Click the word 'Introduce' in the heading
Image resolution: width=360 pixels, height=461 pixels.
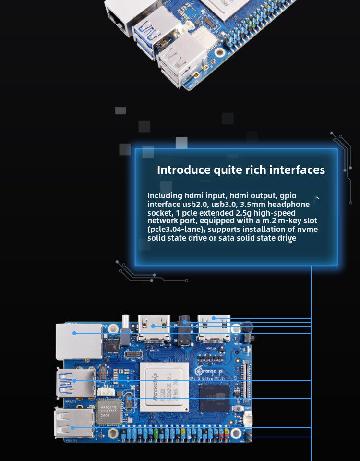tap(184, 170)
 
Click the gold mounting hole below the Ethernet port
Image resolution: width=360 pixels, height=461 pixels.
tap(113, 328)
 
